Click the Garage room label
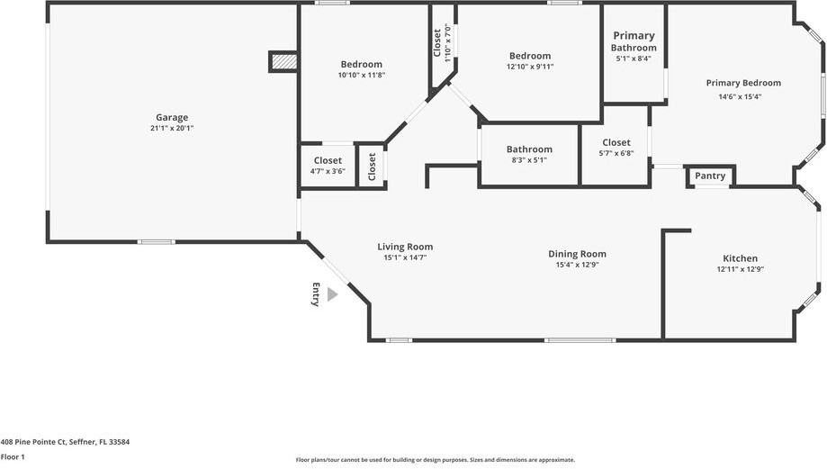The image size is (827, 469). coord(172,117)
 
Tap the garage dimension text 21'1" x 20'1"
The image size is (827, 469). coord(172,129)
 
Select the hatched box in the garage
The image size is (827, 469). coord(283,61)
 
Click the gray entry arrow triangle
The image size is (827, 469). coord(332,294)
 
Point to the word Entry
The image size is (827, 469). coord(316,294)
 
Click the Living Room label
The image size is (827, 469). coord(405,247)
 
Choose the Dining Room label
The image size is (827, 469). coord(577,254)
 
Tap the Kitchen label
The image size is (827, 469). coord(740,258)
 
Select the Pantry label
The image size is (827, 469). coord(710,176)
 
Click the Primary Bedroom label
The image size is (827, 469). coord(742,83)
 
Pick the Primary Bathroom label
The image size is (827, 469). coord(634,41)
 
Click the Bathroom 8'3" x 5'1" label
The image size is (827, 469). coord(528,149)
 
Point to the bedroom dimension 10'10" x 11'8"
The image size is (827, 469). coord(361,76)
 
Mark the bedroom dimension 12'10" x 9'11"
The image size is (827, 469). coord(529,67)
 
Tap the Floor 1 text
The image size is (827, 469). coord(13,456)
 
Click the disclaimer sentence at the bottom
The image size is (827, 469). coord(435,460)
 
